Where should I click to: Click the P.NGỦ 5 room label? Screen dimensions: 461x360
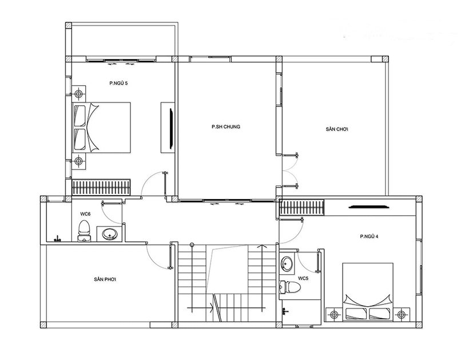(x=118, y=83)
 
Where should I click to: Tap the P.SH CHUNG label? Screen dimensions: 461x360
(x=226, y=126)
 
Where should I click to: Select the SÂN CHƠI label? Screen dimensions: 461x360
(x=337, y=129)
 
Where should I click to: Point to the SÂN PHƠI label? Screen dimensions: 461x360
(x=105, y=279)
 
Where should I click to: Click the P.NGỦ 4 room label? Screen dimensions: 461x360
(x=369, y=236)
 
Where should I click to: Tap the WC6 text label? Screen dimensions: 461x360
(x=85, y=214)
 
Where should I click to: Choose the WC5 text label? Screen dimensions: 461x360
(x=303, y=278)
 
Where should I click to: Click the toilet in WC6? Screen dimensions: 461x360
(x=85, y=231)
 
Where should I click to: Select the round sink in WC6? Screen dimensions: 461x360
(x=110, y=234)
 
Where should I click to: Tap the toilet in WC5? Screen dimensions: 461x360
(x=290, y=287)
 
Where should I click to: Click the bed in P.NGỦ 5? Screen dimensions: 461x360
(x=101, y=128)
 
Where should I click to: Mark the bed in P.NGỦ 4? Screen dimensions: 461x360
(x=368, y=291)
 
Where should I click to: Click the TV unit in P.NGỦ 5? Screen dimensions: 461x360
(x=168, y=128)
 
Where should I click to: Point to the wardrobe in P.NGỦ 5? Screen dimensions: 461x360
(x=101, y=187)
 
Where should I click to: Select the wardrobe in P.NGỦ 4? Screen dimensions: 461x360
(x=301, y=207)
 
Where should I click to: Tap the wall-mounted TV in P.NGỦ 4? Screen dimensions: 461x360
(x=369, y=207)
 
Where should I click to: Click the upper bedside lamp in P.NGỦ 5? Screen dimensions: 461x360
(x=78, y=94)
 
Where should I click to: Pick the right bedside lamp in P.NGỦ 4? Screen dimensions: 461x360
(x=402, y=315)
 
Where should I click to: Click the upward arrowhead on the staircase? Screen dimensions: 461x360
(x=260, y=247)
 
